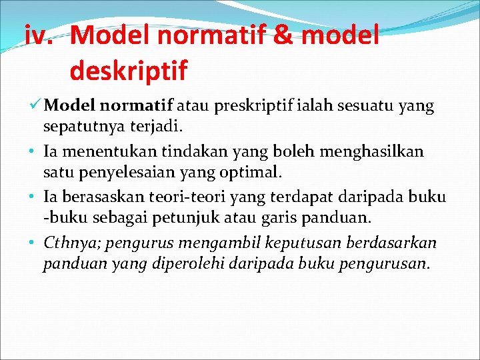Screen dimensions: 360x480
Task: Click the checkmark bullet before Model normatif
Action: [x=37, y=105]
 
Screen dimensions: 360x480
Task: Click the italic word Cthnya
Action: [x=67, y=243]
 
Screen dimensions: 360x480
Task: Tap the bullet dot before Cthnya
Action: [x=32, y=243]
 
